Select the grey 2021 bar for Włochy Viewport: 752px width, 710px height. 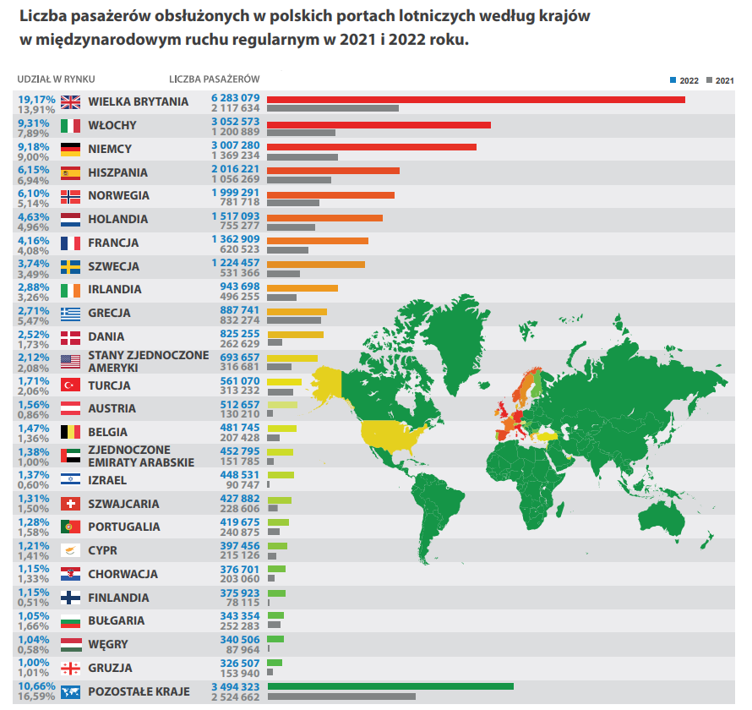click(301, 133)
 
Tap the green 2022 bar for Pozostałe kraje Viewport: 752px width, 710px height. click(390, 686)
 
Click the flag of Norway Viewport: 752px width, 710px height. click(71, 196)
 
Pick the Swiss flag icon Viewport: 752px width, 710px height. click(71, 505)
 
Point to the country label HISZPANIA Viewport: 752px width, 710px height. click(117, 172)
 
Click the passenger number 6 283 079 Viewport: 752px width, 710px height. click(235, 98)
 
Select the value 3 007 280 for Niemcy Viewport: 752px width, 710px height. click(235, 145)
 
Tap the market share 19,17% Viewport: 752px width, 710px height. click(35, 98)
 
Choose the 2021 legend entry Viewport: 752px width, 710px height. click(719, 80)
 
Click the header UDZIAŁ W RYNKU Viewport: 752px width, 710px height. click(56, 79)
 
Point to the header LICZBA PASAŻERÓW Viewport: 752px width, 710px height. click(214, 79)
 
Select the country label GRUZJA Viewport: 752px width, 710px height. click(110, 668)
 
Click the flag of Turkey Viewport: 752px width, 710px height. click(71, 385)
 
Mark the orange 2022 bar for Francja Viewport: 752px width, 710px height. click(317, 241)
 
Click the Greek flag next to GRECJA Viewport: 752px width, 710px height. click(71, 314)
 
